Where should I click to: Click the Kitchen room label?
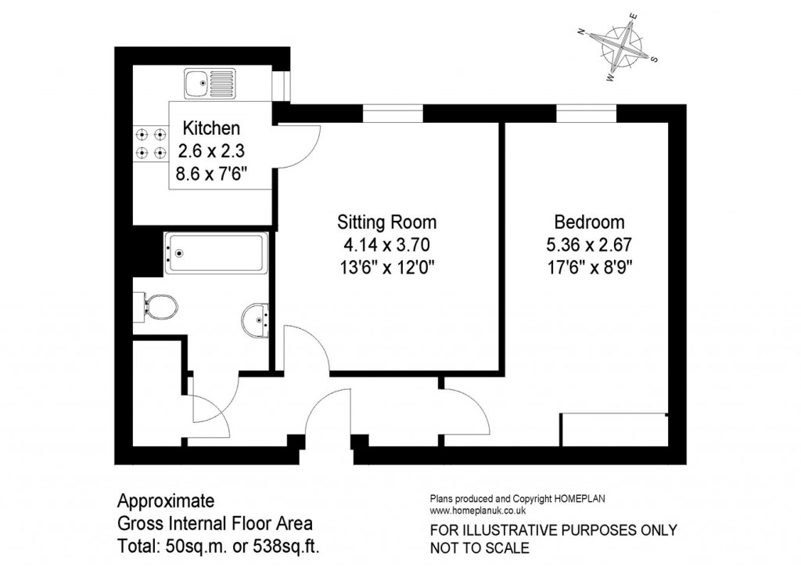tap(210, 128)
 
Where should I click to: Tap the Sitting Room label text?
tap(386, 222)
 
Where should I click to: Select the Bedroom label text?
tap(589, 222)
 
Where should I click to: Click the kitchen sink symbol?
tap(210, 82)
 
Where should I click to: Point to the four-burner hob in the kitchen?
tap(151, 143)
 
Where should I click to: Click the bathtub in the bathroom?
tap(215, 252)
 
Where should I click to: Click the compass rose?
tap(620, 49)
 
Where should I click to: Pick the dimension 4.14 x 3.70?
tap(386, 244)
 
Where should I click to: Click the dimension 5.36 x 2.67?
tap(589, 244)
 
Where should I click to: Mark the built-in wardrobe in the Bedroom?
tap(613, 429)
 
